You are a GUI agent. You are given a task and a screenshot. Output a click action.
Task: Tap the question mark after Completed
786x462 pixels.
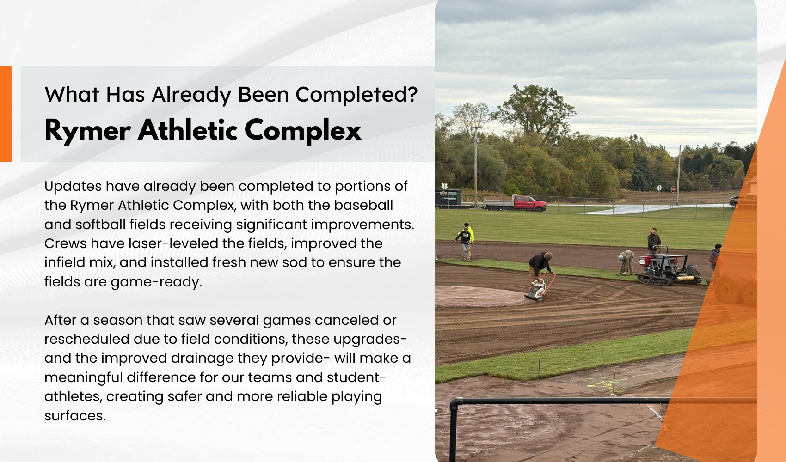(x=413, y=94)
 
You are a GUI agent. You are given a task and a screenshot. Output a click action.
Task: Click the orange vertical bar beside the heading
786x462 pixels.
(x=6, y=114)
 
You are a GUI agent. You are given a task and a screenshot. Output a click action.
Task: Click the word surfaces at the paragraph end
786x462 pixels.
(x=75, y=416)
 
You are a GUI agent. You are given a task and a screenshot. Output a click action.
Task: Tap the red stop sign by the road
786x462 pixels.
(x=673, y=189)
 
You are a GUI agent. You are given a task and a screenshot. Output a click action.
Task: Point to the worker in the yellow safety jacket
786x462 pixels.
(x=468, y=241)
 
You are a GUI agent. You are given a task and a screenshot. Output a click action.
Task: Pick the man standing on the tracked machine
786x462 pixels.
(x=654, y=241)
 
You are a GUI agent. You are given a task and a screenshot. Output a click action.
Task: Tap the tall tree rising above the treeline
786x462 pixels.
(x=534, y=112)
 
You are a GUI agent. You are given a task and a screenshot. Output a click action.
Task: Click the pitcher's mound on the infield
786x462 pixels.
(x=481, y=296)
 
